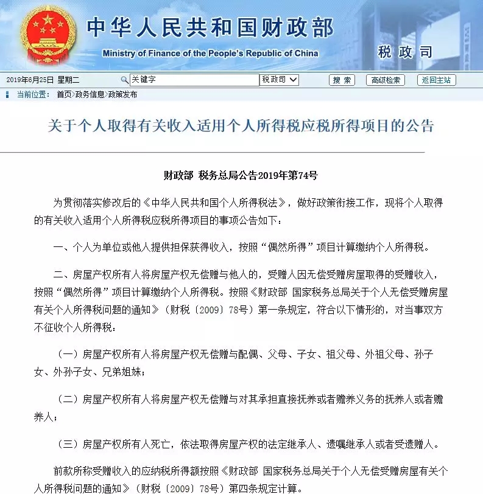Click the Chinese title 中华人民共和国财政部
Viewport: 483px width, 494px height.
click(x=210, y=28)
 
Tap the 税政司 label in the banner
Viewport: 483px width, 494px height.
click(x=405, y=52)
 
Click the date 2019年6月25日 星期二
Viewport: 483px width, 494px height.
click(x=43, y=80)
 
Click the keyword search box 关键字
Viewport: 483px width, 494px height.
click(x=194, y=80)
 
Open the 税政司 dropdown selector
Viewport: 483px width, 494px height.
click(x=280, y=80)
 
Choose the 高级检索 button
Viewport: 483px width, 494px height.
click(x=385, y=80)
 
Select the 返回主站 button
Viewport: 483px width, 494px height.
click(x=436, y=80)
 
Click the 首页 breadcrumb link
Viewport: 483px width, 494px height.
click(x=63, y=94)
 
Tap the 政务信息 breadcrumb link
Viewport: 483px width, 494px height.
click(x=90, y=94)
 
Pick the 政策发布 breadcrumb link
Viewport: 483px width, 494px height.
click(x=122, y=94)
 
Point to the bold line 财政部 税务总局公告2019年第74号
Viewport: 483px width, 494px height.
click(x=241, y=175)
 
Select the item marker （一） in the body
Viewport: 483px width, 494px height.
click(x=68, y=355)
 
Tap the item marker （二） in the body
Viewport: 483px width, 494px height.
click(x=68, y=400)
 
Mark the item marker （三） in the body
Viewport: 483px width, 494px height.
click(x=68, y=444)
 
